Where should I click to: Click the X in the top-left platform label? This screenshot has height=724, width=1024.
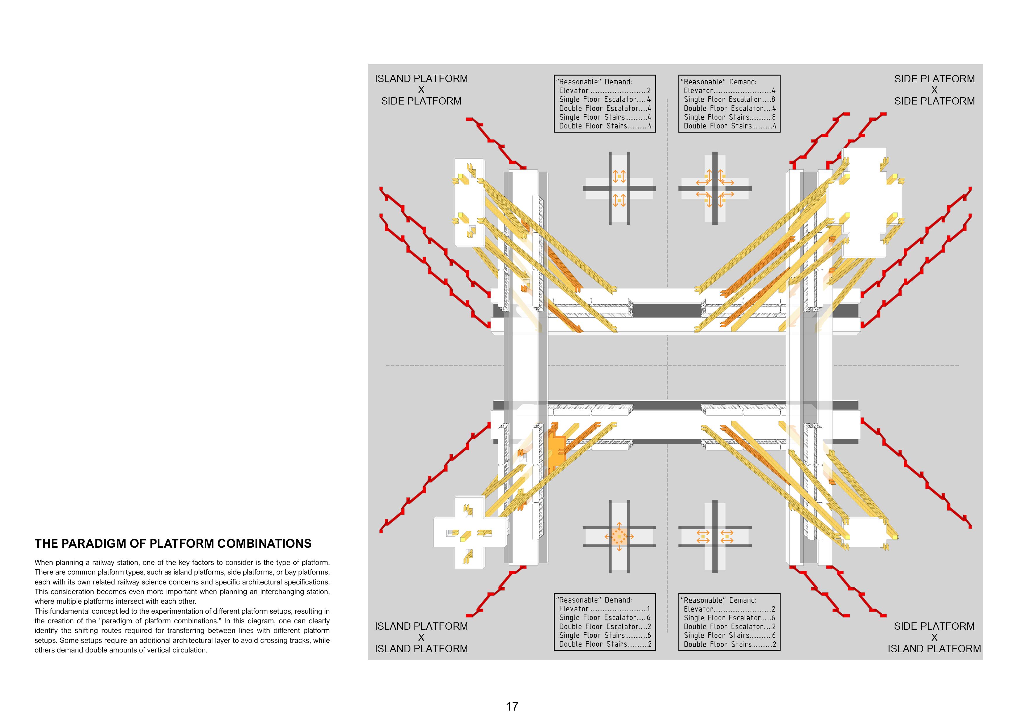[421, 90]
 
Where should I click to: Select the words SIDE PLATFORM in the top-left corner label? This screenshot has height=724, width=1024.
[421, 101]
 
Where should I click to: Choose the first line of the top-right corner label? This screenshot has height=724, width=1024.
[934, 79]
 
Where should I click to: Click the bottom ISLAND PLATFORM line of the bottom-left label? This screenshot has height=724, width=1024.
[421, 649]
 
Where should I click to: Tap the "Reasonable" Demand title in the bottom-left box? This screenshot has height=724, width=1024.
[594, 600]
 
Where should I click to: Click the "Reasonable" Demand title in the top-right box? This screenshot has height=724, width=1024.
[718, 82]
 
